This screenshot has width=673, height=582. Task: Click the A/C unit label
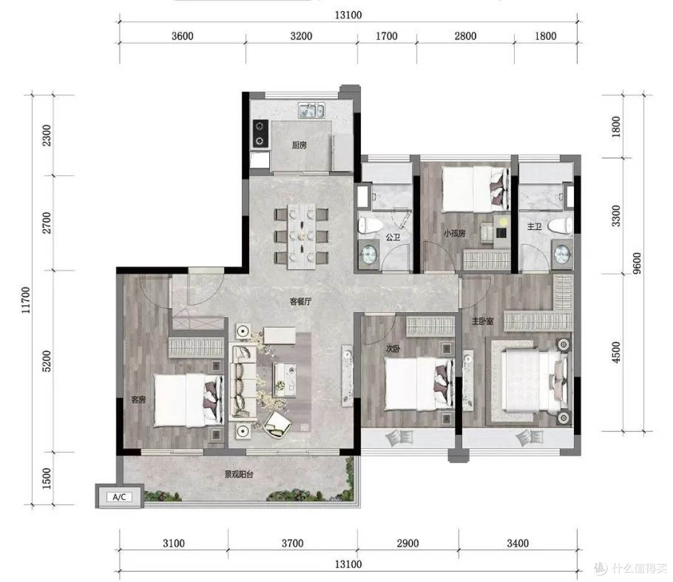click(x=119, y=497)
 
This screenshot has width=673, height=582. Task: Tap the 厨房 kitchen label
click(x=299, y=146)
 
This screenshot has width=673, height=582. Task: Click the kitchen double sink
click(x=312, y=111)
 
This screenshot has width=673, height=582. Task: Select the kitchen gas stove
click(x=260, y=133)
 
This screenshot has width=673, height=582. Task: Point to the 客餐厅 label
click(x=300, y=302)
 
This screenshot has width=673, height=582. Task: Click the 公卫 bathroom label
click(x=393, y=237)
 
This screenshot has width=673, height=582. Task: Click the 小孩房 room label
click(x=454, y=234)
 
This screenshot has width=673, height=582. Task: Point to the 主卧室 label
click(x=482, y=321)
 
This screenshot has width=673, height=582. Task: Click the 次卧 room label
click(x=393, y=349)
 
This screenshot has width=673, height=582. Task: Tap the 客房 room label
click(x=138, y=399)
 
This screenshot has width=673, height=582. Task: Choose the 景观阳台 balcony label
click(x=239, y=475)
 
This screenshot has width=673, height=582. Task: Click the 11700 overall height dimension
click(x=26, y=300)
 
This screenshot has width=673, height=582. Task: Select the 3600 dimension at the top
click(x=183, y=36)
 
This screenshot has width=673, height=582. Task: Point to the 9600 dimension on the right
click(x=637, y=263)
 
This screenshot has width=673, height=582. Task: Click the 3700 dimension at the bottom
click(x=292, y=543)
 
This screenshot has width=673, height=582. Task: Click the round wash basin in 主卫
click(x=562, y=254)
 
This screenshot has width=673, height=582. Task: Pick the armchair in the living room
click(x=277, y=424)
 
